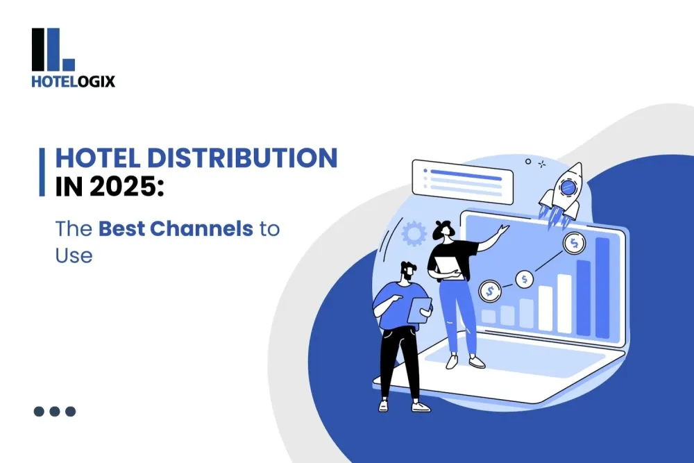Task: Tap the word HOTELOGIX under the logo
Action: pos(73,81)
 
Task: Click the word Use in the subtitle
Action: pos(74,255)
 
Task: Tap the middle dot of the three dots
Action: pos(55,411)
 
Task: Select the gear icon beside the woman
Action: pos(414,234)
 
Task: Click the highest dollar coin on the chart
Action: pos(574,242)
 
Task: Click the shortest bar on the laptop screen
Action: pos(489,317)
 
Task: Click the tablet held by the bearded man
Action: pos(419,310)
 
